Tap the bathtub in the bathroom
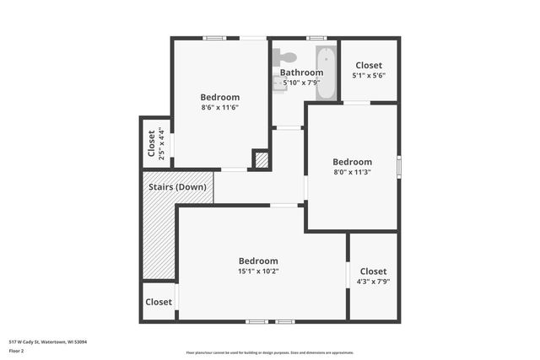(x=325, y=73)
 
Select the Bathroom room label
(x=301, y=73)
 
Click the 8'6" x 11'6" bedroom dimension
(x=220, y=107)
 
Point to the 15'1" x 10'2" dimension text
(x=257, y=271)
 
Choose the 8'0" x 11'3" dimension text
(x=352, y=172)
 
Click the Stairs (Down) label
(x=177, y=186)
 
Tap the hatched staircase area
(x=158, y=240)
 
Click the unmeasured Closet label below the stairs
(x=159, y=302)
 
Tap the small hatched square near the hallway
(x=262, y=159)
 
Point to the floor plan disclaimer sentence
(x=269, y=352)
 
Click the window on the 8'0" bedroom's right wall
(x=398, y=165)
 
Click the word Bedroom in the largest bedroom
(x=257, y=261)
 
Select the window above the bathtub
(x=316, y=38)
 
